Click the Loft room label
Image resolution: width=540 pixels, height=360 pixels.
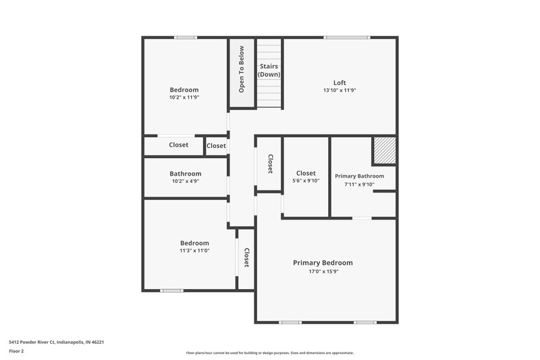340,82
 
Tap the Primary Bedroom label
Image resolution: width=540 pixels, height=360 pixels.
323,263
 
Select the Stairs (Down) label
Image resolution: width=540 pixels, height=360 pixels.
269,70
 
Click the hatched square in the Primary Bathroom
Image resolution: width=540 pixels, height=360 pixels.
384,151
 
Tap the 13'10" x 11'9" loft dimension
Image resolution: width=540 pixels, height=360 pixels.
340,90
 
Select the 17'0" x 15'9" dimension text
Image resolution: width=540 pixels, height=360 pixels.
323,271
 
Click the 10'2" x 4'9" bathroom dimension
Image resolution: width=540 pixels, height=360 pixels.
185,181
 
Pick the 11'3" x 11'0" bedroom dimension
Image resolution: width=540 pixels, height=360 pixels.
194,251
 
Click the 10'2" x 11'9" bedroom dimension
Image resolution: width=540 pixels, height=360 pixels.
184,97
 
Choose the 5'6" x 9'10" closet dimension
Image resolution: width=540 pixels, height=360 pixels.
306,181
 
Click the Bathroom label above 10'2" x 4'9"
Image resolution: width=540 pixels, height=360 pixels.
185,174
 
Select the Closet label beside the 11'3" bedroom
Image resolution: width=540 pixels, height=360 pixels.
246,258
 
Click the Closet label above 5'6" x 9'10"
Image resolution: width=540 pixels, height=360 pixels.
306,173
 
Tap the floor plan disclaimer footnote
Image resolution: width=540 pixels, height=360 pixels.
269,353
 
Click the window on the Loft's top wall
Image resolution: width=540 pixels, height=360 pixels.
347,37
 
